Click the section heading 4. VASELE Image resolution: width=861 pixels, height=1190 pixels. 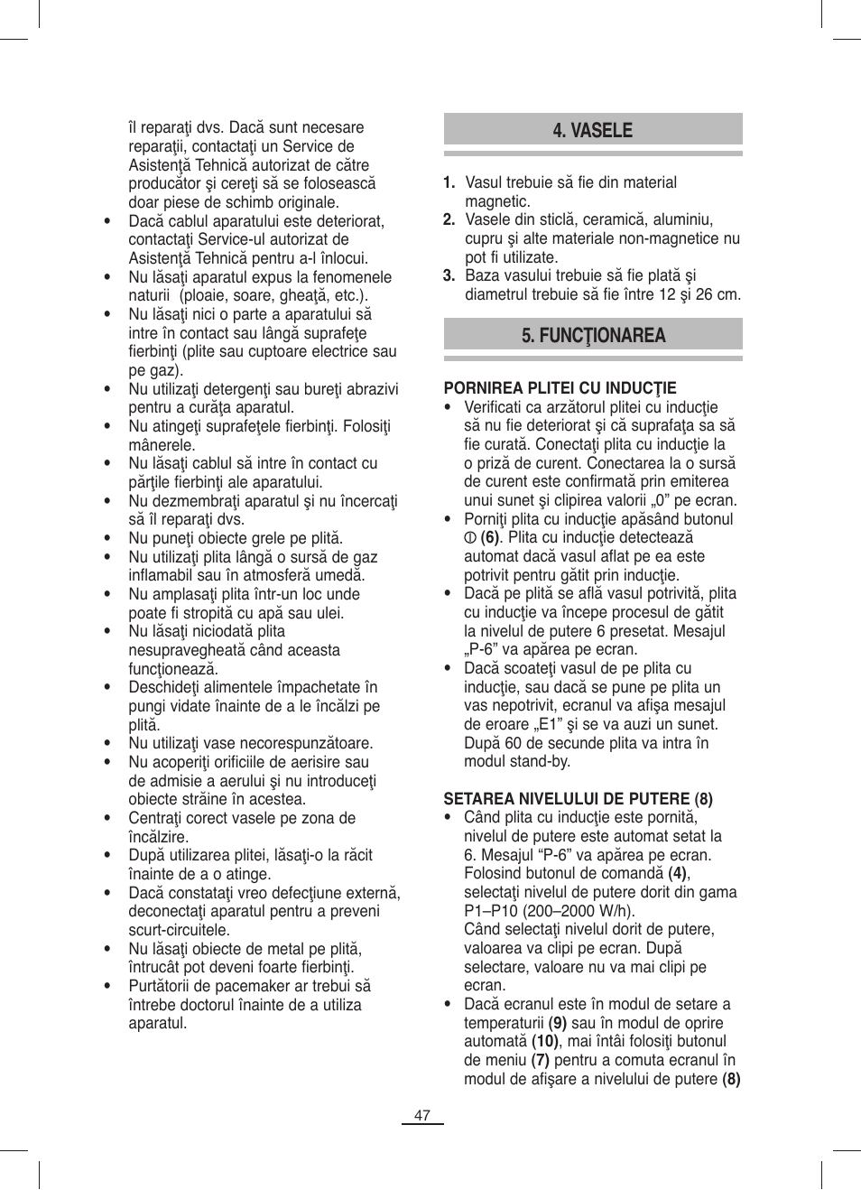592,131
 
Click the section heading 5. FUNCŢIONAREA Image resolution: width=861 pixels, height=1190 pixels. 593,336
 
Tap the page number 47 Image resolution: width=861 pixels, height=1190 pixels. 422,1116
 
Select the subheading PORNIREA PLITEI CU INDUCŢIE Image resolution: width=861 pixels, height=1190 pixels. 560,388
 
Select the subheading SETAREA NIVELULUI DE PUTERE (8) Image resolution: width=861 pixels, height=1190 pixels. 578,799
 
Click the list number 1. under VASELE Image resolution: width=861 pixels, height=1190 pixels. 449,182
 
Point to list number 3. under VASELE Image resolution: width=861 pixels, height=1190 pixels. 449,275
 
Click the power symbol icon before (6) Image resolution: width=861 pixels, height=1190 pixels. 469,538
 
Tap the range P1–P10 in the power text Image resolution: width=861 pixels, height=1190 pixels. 495,911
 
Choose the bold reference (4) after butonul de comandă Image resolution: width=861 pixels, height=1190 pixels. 678,873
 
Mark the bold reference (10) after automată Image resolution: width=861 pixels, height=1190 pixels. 545,1041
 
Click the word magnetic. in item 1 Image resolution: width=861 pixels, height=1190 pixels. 497,201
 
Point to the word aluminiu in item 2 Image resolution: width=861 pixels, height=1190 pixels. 682,219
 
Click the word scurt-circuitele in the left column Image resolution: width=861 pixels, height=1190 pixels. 179,930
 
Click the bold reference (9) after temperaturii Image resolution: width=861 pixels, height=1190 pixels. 558,1023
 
